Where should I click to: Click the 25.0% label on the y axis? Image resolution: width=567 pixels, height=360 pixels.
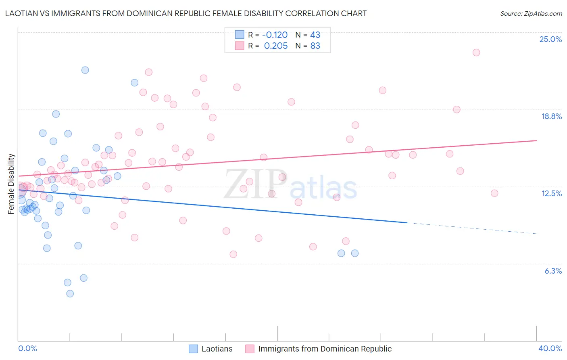[x=550, y=40]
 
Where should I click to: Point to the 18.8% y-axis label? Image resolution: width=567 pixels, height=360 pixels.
[x=551, y=117]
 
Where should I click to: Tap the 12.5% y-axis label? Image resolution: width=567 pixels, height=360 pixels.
[x=551, y=194]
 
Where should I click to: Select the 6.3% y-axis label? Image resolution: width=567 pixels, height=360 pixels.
[x=553, y=271]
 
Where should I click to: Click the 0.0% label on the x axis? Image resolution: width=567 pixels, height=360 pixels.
[x=27, y=349]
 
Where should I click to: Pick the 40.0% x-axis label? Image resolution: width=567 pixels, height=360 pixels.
[x=550, y=349]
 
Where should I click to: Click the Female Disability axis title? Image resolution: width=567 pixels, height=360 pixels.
[x=11, y=184]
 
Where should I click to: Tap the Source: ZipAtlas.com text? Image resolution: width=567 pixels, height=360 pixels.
[x=531, y=14]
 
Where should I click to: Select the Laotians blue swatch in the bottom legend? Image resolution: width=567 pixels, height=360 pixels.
[x=194, y=349]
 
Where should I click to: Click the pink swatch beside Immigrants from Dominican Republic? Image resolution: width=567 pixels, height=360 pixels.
[x=250, y=349]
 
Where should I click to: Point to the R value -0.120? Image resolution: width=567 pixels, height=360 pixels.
[x=275, y=35]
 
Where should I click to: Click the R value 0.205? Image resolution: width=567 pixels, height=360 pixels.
[x=275, y=46]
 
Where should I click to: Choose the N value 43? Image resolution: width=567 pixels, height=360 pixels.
[x=315, y=35]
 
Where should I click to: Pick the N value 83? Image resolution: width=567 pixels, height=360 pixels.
[x=315, y=46]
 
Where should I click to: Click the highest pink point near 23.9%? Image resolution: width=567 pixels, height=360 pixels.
[x=476, y=52]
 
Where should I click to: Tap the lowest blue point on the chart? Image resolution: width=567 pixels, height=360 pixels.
[x=70, y=293]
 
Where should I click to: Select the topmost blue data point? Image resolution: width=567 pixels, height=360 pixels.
[x=85, y=70]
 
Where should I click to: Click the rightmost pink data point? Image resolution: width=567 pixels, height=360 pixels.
[x=494, y=193]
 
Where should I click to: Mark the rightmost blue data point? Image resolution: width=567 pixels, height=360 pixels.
[x=355, y=253]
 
